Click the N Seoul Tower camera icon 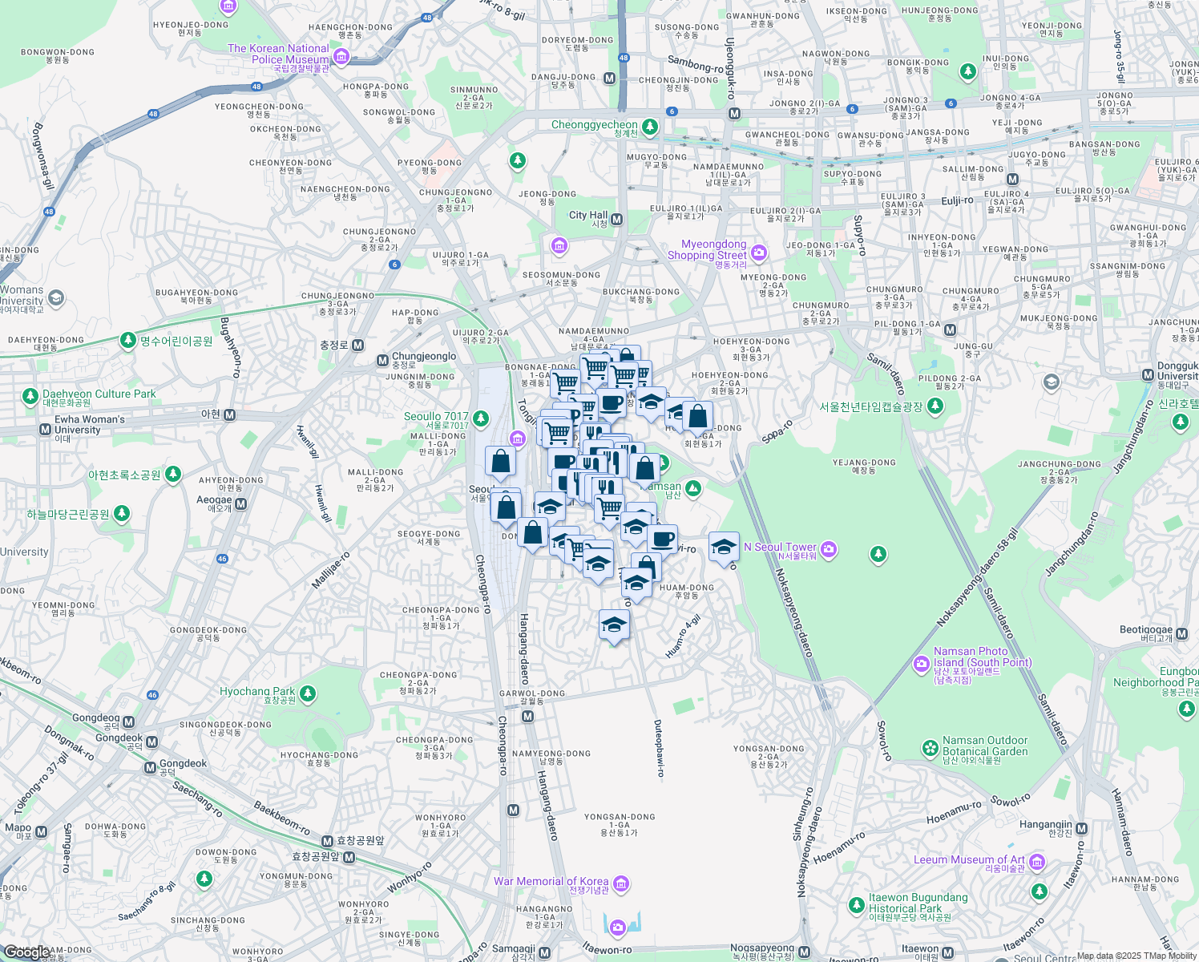[830, 549]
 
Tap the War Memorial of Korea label [551, 881]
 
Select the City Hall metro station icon [617, 220]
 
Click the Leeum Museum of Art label [970, 859]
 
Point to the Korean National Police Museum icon [342, 56]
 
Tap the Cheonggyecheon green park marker [650, 127]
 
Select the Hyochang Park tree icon [308, 693]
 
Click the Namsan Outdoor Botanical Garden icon [930, 748]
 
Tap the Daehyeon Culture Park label [99, 394]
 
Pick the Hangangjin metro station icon [1081, 828]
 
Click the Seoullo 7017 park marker [481, 418]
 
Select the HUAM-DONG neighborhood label [687, 588]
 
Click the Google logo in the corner [26, 952]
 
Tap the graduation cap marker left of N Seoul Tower [724, 548]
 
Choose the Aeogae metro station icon [240, 504]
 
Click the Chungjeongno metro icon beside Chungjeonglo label [382, 361]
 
